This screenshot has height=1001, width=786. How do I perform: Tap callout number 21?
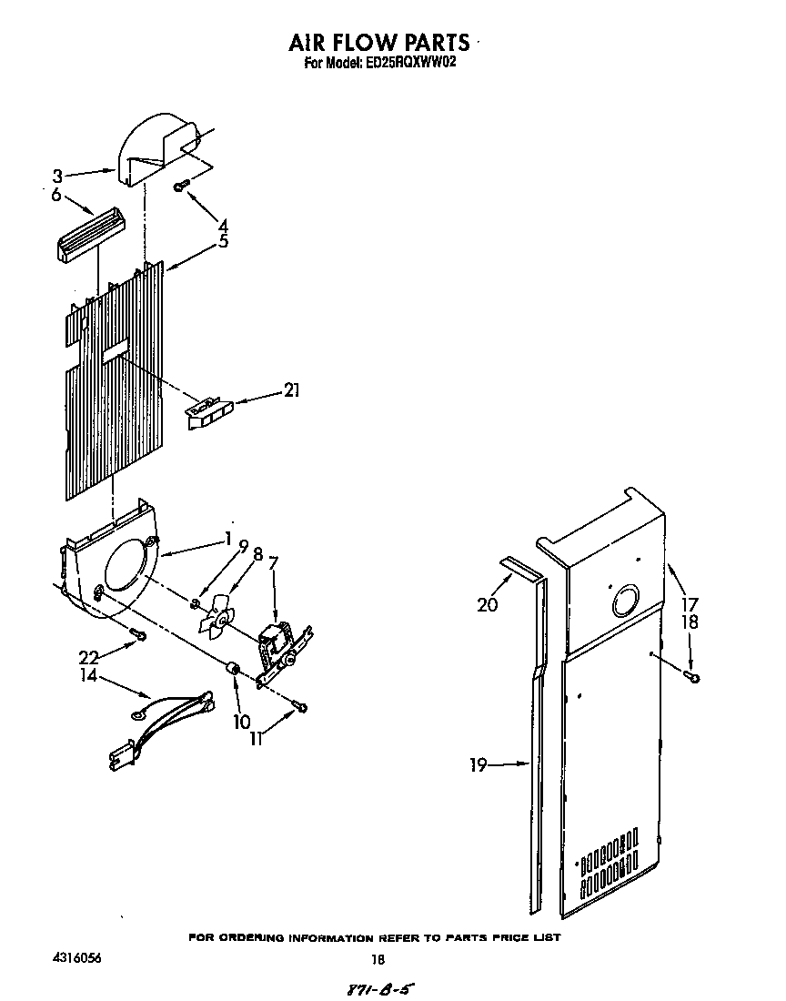292,391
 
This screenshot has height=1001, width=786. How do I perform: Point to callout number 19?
479,765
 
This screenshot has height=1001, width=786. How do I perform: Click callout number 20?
488,603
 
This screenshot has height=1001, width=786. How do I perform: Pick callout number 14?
88,675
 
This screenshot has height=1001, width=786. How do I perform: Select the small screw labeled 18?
695,675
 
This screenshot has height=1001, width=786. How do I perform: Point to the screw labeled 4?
181,186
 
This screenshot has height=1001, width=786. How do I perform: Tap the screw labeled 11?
302,706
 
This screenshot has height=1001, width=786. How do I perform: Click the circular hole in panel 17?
624,602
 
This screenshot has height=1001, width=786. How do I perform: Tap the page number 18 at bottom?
378,959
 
